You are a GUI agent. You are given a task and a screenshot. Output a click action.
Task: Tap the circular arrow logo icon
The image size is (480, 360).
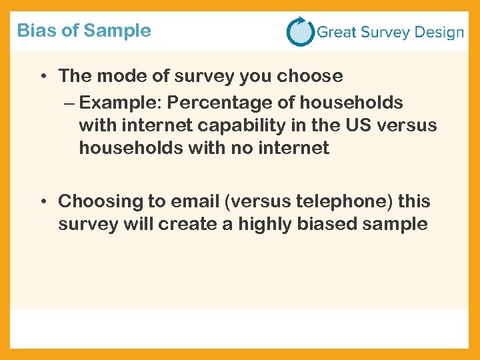point(300,31)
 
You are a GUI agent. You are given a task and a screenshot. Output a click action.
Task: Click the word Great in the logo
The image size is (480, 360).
point(336,32)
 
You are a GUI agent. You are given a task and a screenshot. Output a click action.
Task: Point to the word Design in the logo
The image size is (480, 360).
point(437,32)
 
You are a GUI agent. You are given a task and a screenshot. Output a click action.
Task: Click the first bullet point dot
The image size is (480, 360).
point(42,77)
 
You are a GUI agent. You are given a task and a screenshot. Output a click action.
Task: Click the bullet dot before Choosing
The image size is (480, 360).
point(42,201)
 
